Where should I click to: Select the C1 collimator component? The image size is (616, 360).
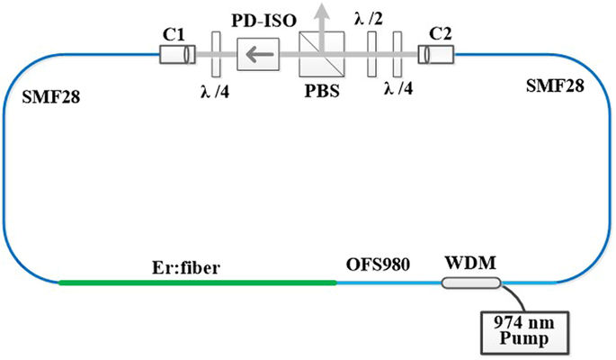tap(174, 57)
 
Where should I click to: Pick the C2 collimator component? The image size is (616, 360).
tap(438, 57)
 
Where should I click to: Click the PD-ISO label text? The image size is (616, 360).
tap(262, 21)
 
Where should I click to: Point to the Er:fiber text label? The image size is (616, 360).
tap(192, 266)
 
